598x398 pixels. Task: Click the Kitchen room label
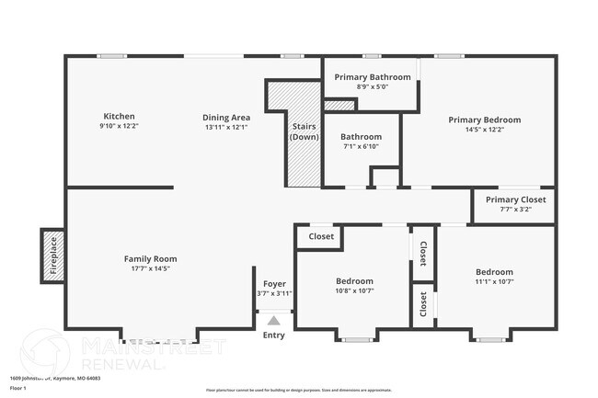(120, 117)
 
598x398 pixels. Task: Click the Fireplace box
(52, 255)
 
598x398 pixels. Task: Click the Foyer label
(274, 283)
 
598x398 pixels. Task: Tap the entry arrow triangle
(273, 320)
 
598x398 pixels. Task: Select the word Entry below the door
(273, 335)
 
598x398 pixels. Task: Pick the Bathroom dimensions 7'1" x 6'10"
(362, 147)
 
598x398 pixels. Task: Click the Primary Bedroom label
(484, 119)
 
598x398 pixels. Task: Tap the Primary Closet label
(515, 199)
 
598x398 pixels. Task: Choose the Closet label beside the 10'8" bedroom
(321, 236)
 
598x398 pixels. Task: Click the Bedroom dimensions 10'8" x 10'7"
(354, 291)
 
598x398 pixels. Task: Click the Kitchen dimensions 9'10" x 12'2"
(120, 127)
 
